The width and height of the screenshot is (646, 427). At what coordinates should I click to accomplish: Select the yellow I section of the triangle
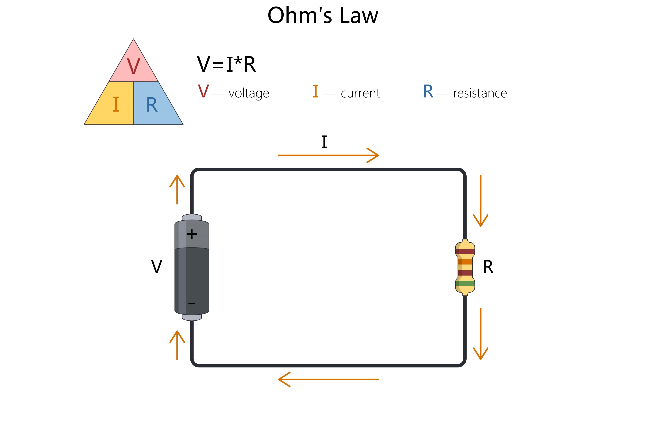pyautogui.click(x=112, y=103)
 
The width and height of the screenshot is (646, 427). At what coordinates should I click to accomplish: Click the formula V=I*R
pyautogui.click(x=226, y=64)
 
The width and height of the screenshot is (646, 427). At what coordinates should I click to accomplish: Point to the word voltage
pyautogui.click(x=249, y=93)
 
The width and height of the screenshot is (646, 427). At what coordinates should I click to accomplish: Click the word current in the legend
pyautogui.click(x=360, y=93)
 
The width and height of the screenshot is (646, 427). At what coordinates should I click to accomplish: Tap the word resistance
pyautogui.click(x=480, y=93)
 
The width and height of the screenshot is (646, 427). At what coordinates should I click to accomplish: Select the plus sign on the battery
pyautogui.click(x=192, y=234)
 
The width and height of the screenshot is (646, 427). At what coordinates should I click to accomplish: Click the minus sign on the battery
pyautogui.click(x=192, y=303)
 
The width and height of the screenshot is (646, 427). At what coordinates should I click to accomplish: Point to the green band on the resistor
pyautogui.click(x=465, y=283)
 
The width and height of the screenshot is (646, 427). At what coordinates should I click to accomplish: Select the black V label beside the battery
pyautogui.click(x=157, y=267)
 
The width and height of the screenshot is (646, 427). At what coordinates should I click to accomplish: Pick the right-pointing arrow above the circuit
pyautogui.click(x=328, y=155)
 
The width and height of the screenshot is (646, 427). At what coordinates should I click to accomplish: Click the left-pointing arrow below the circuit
pyautogui.click(x=328, y=379)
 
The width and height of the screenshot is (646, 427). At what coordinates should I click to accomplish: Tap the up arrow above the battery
pyautogui.click(x=177, y=190)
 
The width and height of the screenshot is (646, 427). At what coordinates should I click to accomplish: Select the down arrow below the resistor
pyautogui.click(x=480, y=334)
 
